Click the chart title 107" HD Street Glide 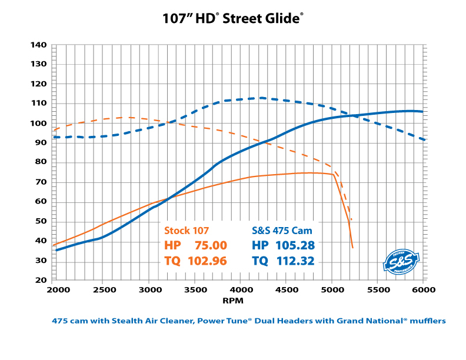[234, 18]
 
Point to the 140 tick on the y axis [39, 45]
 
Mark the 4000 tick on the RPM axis [239, 290]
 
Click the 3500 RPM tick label [194, 290]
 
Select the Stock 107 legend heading [187, 230]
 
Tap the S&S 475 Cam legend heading [282, 230]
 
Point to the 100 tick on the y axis [39, 123]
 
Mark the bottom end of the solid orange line [352, 248]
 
